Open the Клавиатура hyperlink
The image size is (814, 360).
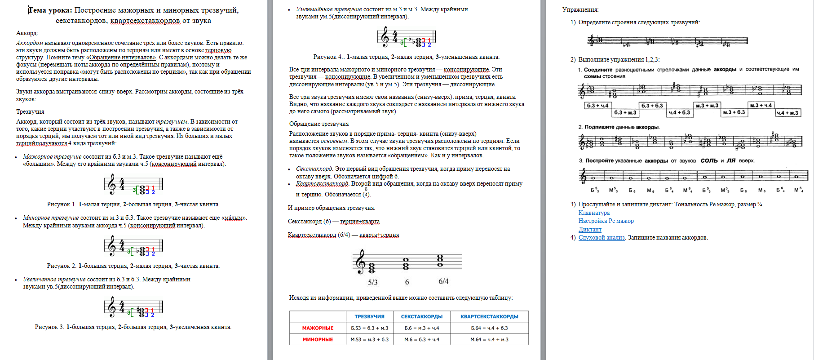point(594,213)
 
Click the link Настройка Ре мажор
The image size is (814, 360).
point(606,221)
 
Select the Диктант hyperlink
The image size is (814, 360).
point(590,230)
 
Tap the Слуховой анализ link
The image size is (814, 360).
point(602,238)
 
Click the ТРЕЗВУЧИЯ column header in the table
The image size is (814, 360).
point(369,317)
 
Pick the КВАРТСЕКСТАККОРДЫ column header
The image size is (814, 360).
point(489,317)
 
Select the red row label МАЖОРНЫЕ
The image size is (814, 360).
point(318,328)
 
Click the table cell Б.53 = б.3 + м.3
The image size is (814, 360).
point(369,328)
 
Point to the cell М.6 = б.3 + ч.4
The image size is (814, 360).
point(421,340)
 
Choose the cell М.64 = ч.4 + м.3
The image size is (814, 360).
point(489,340)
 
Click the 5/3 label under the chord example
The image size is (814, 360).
point(373,282)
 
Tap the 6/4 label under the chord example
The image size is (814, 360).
point(443,281)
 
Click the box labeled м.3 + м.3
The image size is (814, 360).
point(707,106)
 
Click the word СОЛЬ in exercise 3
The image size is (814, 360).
point(709,160)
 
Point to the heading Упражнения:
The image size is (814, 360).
point(580,9)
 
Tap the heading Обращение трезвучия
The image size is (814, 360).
point(319,124)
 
